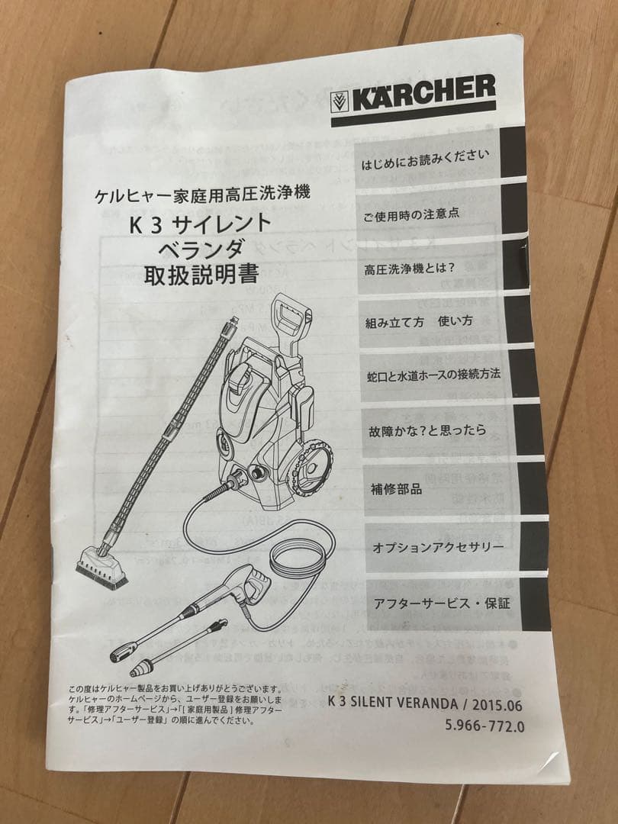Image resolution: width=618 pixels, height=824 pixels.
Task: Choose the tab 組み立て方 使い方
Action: tap(418, 320)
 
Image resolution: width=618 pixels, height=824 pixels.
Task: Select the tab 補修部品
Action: tap(397, 489)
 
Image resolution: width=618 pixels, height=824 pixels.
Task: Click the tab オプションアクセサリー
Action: tap(437, 548)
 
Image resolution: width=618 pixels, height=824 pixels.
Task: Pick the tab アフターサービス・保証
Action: tap(441, 604)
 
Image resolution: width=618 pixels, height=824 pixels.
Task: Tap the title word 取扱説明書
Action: tap(201, 274)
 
